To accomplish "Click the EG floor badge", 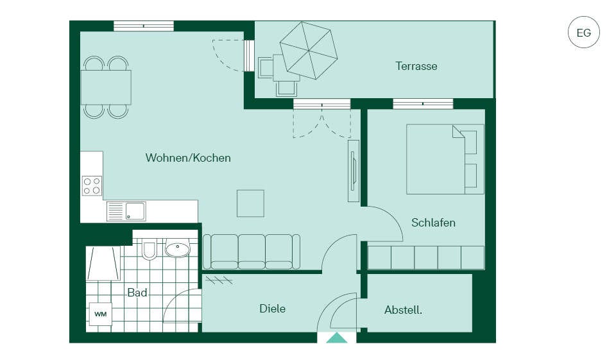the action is (583, 32).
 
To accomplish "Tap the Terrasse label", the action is (416, 66).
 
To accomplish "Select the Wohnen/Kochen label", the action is (188, 158).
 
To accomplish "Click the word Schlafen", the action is (433, 223).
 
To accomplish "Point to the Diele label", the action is (272, 309).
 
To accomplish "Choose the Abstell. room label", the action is (403, 310).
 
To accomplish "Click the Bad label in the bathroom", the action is (137, 293).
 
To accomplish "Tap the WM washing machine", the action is (101, 314).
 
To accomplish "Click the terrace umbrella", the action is (309, 50).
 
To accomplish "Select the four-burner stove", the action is (92, 186).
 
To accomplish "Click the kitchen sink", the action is (126, 211).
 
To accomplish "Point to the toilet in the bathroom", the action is (149, 249).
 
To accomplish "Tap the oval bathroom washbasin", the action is (177, 248).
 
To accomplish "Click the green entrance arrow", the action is (337, 338).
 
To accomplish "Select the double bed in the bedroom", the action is (445, 159).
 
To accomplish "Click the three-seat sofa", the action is (252, 252).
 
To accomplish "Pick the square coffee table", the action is (250, 203).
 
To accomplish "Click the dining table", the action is (106, 87).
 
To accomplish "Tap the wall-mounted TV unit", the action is (353, 171).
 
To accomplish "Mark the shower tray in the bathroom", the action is (103, 263).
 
